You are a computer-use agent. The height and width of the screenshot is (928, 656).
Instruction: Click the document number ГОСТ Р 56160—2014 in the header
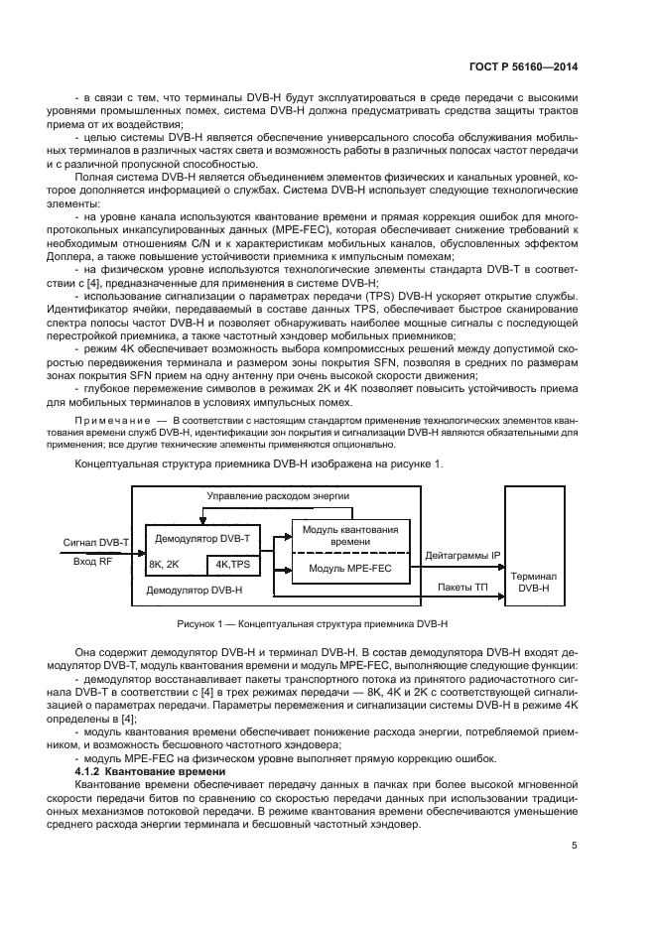point(523,66)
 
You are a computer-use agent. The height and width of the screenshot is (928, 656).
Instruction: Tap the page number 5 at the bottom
point(575,847)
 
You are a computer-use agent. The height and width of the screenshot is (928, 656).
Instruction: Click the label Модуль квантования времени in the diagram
point(349,535)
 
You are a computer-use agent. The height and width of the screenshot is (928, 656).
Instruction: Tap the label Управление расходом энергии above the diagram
point(278,495)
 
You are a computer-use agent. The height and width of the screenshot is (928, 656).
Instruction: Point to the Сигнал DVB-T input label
point(96,542)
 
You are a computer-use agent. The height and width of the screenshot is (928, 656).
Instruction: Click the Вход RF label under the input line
point(94,561)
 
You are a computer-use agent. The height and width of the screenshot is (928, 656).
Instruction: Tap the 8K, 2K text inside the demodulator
point(164,564)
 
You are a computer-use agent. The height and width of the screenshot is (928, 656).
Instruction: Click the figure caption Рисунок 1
point(313,624)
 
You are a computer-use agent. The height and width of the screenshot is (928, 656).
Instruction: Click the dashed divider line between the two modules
point(349,551)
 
